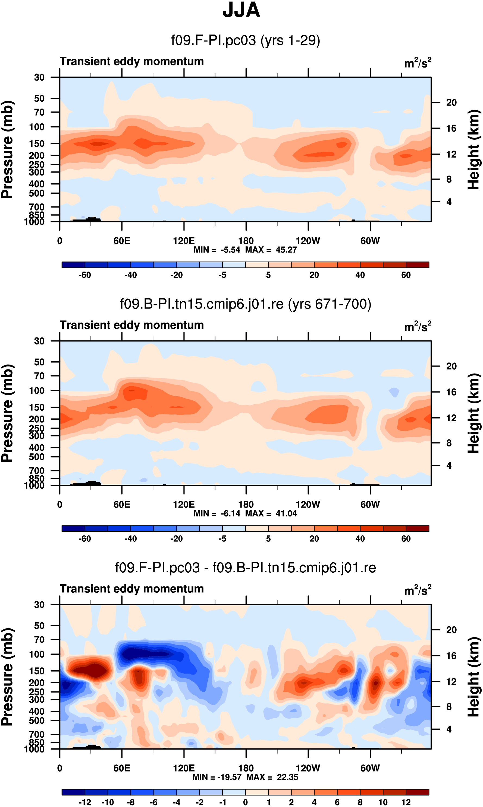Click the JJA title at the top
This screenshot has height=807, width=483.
[241, 10]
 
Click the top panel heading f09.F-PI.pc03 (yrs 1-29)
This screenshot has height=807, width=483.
[245, 40]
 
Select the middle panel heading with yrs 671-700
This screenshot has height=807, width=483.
[245, 304]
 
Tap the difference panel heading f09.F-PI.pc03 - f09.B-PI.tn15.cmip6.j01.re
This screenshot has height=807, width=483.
[245, 568]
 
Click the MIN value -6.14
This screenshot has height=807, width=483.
[230, 513]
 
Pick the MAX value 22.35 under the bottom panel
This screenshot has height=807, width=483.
[287, 777]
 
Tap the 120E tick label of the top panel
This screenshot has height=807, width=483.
[184, 241]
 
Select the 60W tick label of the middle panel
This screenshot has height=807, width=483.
[370, 505]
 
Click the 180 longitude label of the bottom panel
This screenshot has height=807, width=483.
[246, 768]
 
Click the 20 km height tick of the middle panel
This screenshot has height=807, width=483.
[451, 366]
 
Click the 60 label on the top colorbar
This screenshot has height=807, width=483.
[406, 275]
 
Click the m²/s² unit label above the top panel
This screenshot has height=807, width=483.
[418, 62]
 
